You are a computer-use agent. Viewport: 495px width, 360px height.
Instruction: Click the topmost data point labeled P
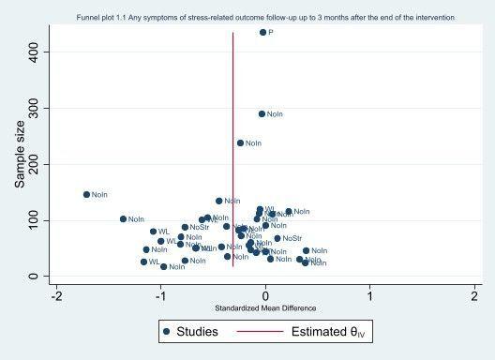coord(262,32)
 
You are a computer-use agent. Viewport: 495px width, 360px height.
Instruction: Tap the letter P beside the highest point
coord(271,33)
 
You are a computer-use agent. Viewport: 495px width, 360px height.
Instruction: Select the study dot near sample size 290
coord(262,114)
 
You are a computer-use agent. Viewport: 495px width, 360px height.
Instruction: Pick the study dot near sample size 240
coord(240,143)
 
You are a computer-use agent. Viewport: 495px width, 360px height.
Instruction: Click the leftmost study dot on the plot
coord(86,195)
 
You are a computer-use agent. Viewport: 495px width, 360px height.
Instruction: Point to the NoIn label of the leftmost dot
coord(99,195)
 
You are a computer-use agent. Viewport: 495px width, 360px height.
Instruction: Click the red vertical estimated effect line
coord(232,94)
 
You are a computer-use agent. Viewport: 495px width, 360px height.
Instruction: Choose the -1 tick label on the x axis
coord(159,295)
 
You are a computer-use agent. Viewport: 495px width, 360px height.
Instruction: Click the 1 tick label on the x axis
coord(370,295)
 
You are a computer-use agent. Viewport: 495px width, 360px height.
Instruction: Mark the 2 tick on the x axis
coord(474,295)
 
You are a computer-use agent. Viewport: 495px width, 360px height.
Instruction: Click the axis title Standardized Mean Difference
coord(265,308)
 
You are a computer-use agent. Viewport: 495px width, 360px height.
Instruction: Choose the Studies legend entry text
coord(200,331)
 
